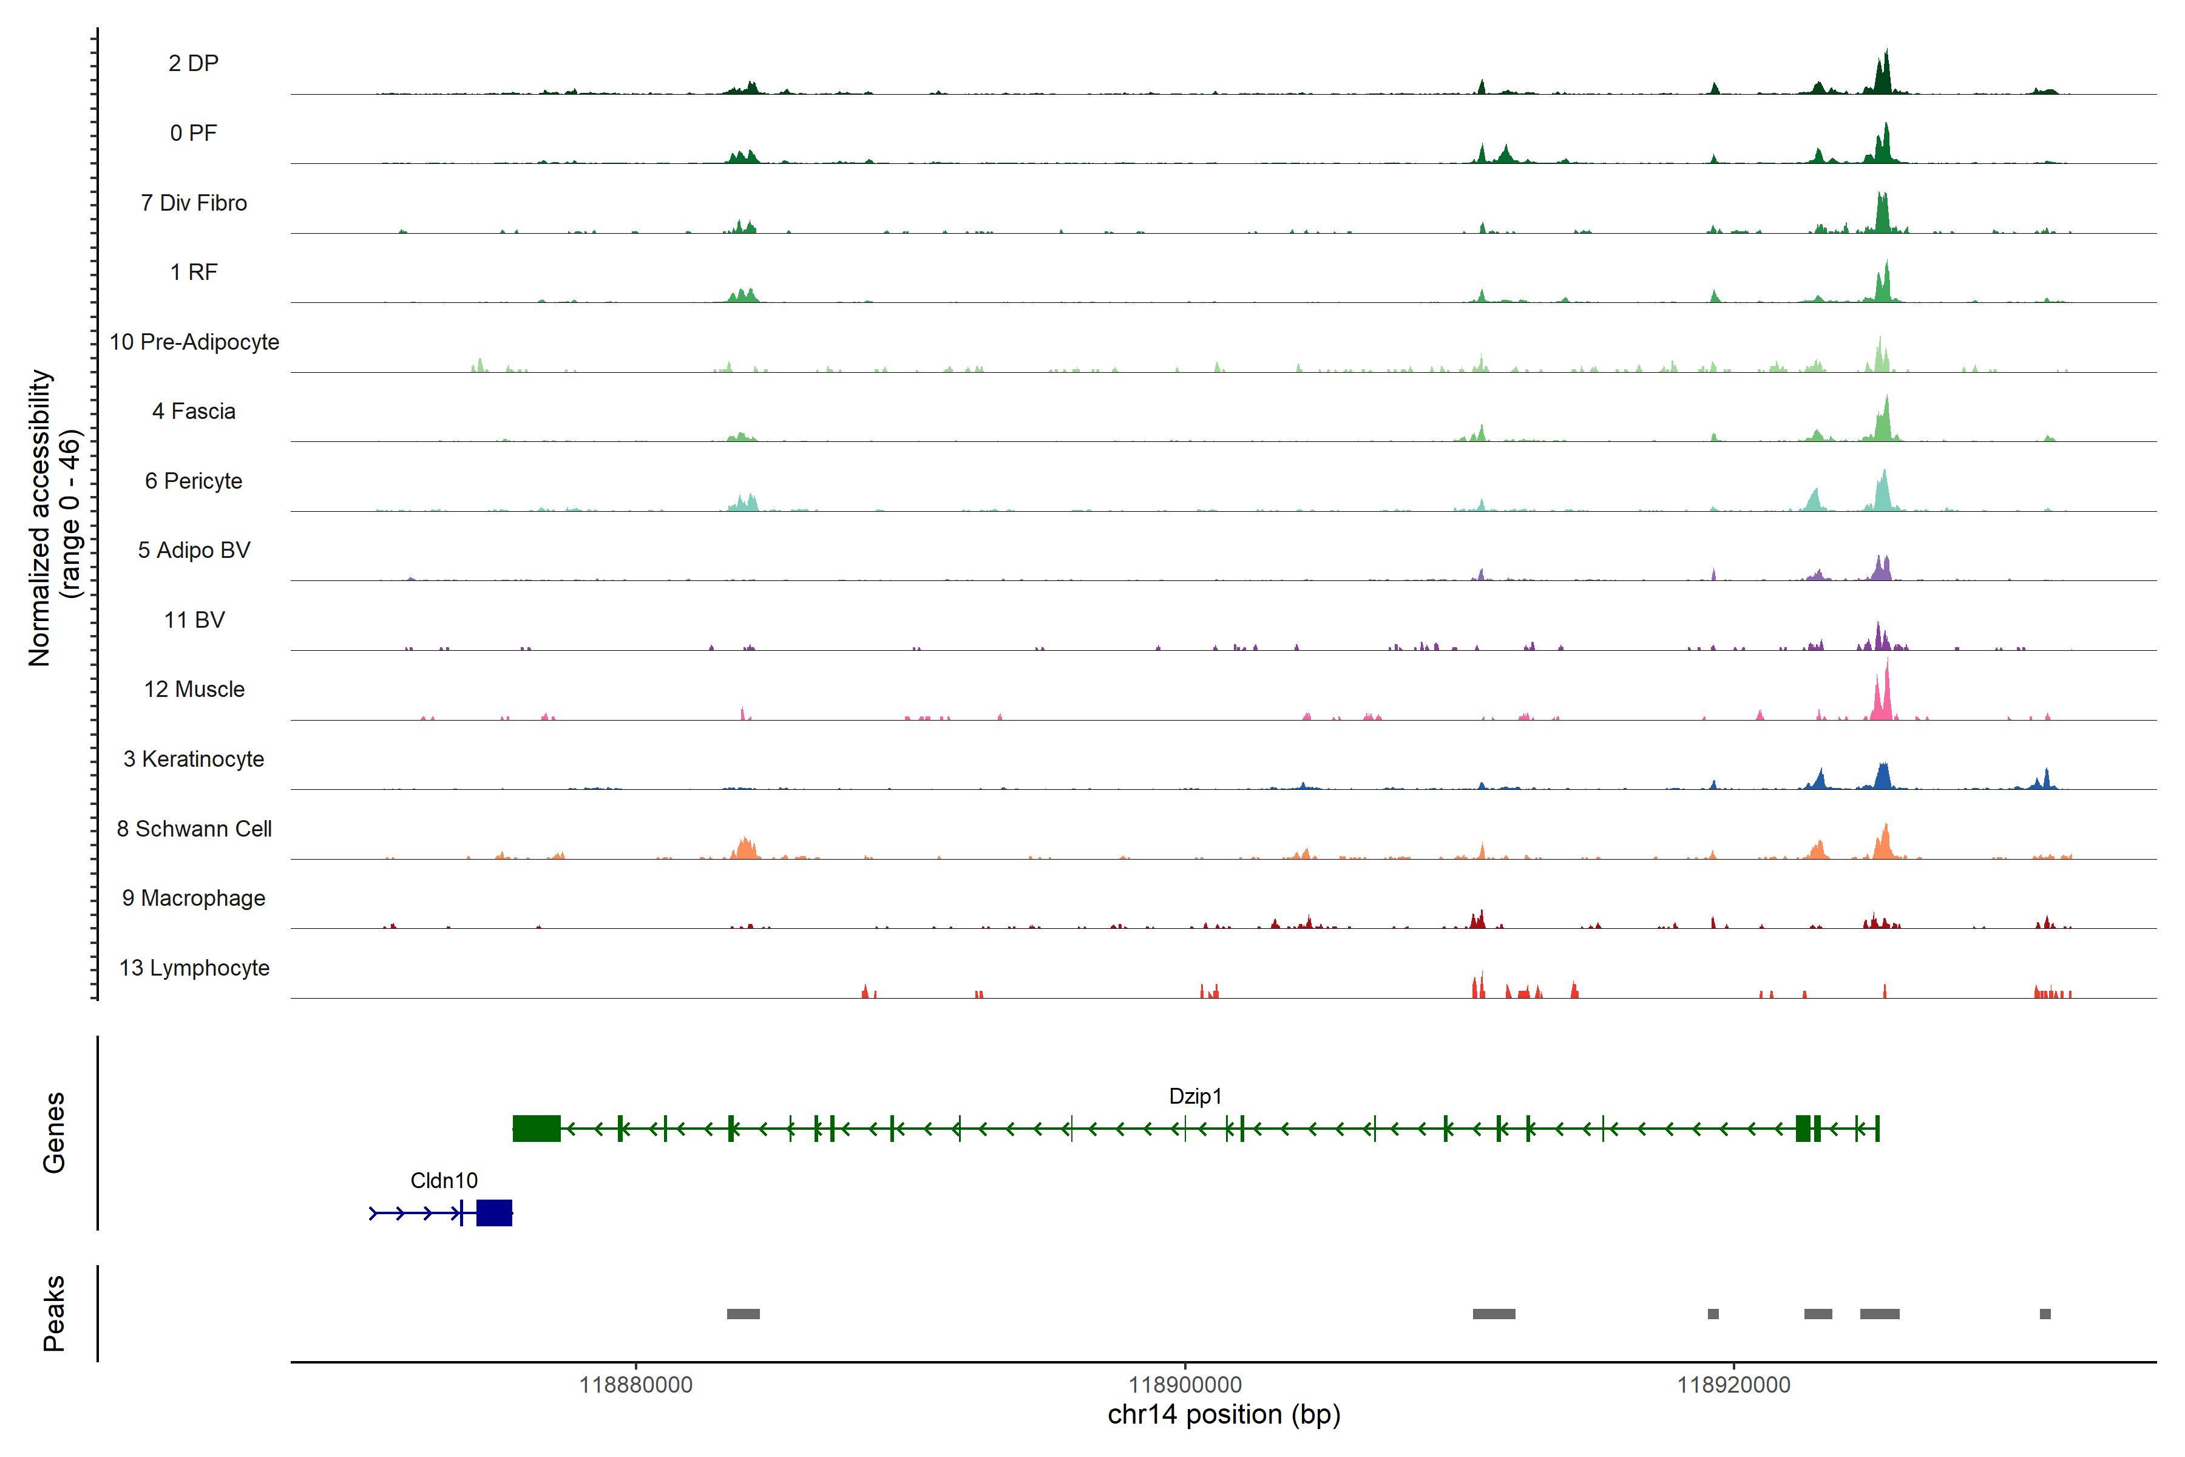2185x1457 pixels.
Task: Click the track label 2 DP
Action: (x=193, y=63)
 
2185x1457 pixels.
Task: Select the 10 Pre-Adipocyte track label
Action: (x=194, y=342)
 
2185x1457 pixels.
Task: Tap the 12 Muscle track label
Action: (x=194, y=690)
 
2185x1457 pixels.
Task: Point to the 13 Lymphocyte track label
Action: (x=194, y=968)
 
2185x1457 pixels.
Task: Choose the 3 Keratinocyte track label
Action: (x=194, y=759)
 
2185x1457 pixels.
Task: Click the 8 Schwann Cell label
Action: (x=194, y=829)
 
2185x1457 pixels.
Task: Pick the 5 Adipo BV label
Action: (x=194, y=550)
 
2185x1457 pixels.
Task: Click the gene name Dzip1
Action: (x=1194, y=1096)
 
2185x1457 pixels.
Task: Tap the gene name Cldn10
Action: (x=444, y=1181)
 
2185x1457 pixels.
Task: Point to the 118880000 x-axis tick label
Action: (x=635, y=1385)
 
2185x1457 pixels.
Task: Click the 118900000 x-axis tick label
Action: (x=1185, y=1385)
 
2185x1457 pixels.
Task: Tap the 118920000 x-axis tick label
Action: (x=1733, y=1385)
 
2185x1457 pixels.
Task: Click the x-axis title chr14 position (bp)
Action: (x=1224, y=1415)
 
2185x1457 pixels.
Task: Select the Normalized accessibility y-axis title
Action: (x=41, y=518)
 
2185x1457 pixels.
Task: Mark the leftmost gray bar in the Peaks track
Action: (x=743, y=1314)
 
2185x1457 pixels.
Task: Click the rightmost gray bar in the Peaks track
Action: (x=2045, y=1314)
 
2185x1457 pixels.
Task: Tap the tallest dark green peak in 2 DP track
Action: (x=1886, y=70)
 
